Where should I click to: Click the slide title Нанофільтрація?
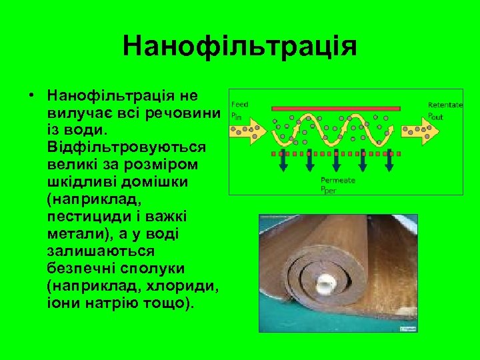(x=240, y=47)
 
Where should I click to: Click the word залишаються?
(x=101, y=252)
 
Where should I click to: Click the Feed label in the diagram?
(x=239, y=104)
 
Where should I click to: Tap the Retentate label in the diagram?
(x=445, y=105)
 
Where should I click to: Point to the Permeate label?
(x=338, y=180)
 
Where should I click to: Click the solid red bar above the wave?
(x=337, y=107)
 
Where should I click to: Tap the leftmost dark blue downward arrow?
(x=283, y=161)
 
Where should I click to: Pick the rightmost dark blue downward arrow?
(x=389, y=161)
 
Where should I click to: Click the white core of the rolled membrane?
(x=326, y=283)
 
